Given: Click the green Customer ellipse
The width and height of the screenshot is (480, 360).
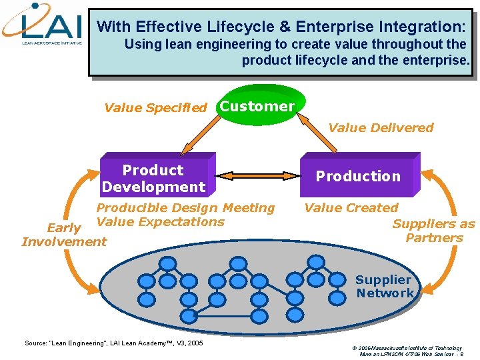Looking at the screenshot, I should coord(257,106).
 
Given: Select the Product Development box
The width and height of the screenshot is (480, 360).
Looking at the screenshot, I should coord(155,178).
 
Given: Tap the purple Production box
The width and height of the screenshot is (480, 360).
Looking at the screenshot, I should coord(358,176).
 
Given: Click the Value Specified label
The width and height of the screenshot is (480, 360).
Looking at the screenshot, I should coord(155,107).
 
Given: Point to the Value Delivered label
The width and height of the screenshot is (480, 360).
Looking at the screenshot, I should coord(381,127).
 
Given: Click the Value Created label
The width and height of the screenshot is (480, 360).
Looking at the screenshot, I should coord(351,208).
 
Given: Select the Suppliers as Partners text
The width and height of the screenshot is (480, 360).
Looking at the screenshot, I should coord(434,231).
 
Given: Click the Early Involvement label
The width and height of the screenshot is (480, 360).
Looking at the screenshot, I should coord(64,235).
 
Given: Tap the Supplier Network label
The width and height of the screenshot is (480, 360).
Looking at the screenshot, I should coord(384,287).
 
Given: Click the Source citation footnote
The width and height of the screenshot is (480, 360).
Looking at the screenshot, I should coord(113,343).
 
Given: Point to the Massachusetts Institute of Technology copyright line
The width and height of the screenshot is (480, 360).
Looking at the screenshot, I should coord(405,348).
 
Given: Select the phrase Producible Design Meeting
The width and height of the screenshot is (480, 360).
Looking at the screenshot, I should coord(185,208).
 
